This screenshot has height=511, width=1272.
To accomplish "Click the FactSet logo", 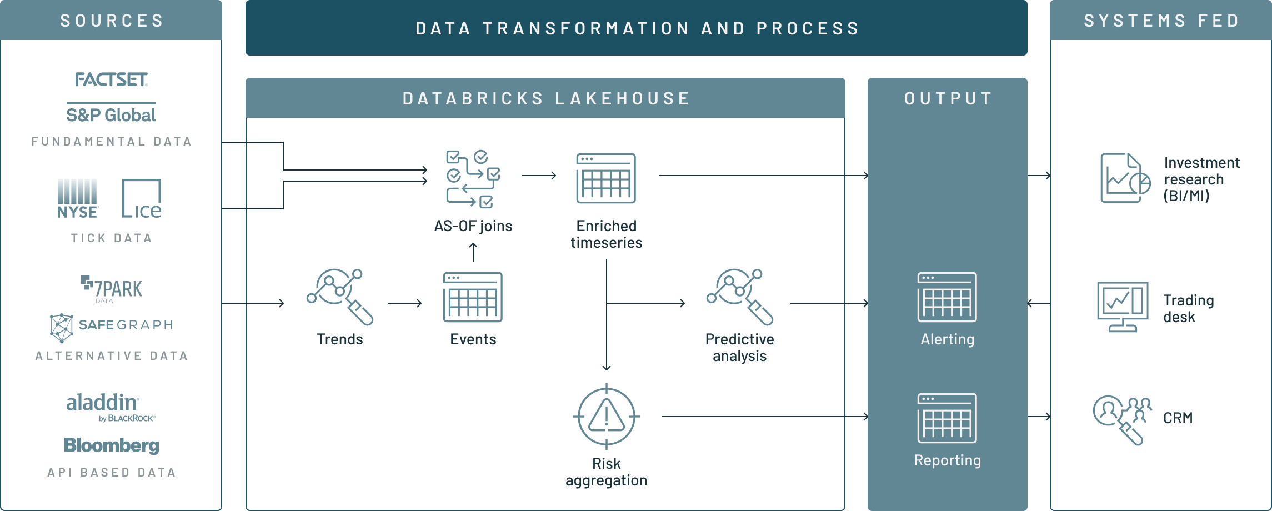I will tap(111, 80).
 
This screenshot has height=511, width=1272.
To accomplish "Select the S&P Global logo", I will tap(111, 114).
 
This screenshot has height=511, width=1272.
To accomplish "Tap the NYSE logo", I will tap(78, 198).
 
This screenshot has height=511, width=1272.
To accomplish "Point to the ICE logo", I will tap(142, 198).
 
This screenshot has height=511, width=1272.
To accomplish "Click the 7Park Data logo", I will tap(112, 289).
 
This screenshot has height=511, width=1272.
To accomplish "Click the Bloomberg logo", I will tap(112, 445).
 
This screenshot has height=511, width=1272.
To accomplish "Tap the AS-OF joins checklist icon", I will tap(473, 178).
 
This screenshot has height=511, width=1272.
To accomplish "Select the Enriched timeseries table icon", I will tap(606, 178).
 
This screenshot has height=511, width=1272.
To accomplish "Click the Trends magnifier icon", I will tap(339, 297).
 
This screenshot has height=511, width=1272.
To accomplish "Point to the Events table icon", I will tap(473, 297).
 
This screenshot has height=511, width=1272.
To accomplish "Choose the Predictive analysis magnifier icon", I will tap(739, 297).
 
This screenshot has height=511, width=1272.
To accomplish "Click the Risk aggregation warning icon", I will tap(606, 416).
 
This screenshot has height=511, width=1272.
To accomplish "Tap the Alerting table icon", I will tap(947, 297).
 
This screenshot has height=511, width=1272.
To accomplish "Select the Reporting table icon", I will tap(947, 418).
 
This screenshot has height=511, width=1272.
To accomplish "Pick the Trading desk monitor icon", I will tap(1123, 306).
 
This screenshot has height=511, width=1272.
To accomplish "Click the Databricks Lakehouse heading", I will tap(545, 98).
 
